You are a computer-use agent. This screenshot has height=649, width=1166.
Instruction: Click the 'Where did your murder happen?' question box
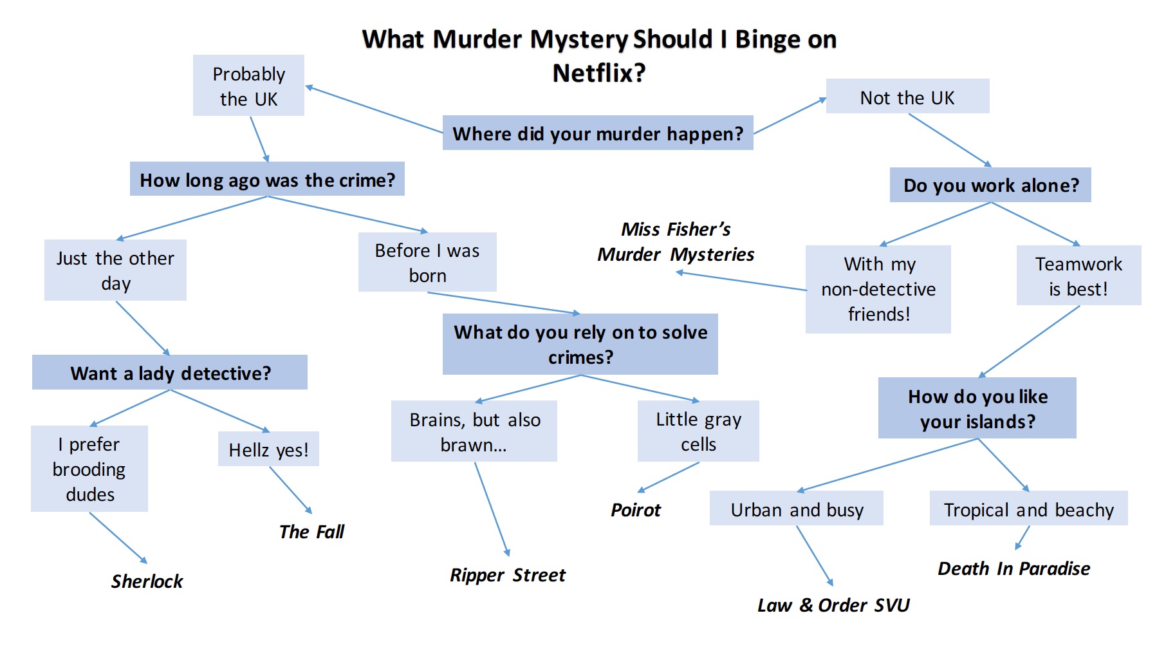(x=597, y=133)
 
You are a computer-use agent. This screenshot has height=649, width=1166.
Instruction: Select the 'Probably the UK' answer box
(x=248, y=86)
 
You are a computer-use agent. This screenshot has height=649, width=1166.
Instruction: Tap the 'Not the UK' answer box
(x=907, y=97)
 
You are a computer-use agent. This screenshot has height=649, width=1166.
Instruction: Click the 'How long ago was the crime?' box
(x=267, y=180)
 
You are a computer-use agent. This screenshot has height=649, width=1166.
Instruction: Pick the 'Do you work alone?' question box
(x=990, y=185)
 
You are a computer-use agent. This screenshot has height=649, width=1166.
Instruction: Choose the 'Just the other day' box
(x=115, y=270)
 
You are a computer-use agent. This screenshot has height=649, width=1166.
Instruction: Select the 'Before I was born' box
(x=427, y=263)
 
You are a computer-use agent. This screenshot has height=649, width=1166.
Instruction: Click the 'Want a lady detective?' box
(x=170, y=373)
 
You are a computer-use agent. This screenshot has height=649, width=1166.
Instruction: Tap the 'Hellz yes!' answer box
(x=268, y=449)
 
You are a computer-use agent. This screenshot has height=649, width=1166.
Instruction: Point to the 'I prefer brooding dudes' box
(x=89, y=469)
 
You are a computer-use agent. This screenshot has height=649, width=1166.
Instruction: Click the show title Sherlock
(x=147, y=581)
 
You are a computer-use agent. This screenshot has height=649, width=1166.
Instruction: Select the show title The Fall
(x=311, y=532)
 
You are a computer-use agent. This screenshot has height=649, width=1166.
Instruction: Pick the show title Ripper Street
(x=508, y=575)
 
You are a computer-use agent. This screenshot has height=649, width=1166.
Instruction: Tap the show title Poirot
(x=635, y=510)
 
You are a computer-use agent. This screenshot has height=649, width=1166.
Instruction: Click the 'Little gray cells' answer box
(x=698, y=431)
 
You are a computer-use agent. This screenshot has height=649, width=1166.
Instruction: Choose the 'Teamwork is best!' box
(x=1078, y=276)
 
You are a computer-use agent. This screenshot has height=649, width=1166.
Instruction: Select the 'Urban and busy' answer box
(x=797, y=509)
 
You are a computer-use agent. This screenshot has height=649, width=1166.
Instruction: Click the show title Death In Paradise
(x=1013, y=569)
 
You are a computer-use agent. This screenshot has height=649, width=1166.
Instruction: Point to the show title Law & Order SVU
(x=833, y=605)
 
